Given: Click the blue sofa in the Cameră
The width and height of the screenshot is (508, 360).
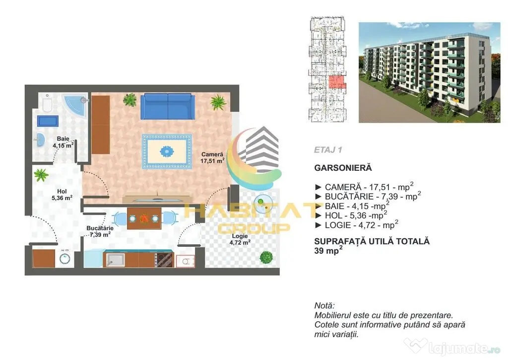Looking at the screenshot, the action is pos(168,106).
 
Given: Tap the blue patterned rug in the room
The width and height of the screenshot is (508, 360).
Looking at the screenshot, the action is pos(167,151).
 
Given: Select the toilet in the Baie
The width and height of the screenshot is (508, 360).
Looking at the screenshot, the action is pos(48,103).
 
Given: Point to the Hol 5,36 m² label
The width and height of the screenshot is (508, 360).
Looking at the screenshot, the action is pos(62,195).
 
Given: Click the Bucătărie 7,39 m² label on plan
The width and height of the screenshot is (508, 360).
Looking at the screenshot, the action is pos(100,231).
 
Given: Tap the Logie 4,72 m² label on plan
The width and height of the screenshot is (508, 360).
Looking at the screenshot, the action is pos(240,239).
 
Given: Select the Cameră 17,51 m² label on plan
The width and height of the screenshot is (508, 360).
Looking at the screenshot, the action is pos(212,157).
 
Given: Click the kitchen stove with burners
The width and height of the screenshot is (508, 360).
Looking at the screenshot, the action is pos(164,260).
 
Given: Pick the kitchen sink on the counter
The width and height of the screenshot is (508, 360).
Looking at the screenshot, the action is pos(116,260).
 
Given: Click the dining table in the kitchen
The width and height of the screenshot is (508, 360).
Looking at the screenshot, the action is pos(144,218).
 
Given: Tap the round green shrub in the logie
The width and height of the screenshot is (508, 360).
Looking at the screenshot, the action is pos(266,258).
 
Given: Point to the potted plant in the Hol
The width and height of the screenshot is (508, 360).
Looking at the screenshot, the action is pos(41,175).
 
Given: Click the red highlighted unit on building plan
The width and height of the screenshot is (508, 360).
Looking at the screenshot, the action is pos(337,82).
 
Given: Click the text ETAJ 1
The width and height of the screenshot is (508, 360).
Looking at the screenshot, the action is pos(328,150).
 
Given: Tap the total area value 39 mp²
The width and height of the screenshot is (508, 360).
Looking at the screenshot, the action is pos(328,250).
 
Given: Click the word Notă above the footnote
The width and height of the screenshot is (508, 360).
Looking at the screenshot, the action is pos(324,305).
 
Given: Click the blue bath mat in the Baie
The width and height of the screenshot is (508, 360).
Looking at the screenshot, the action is pos(48,121).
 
